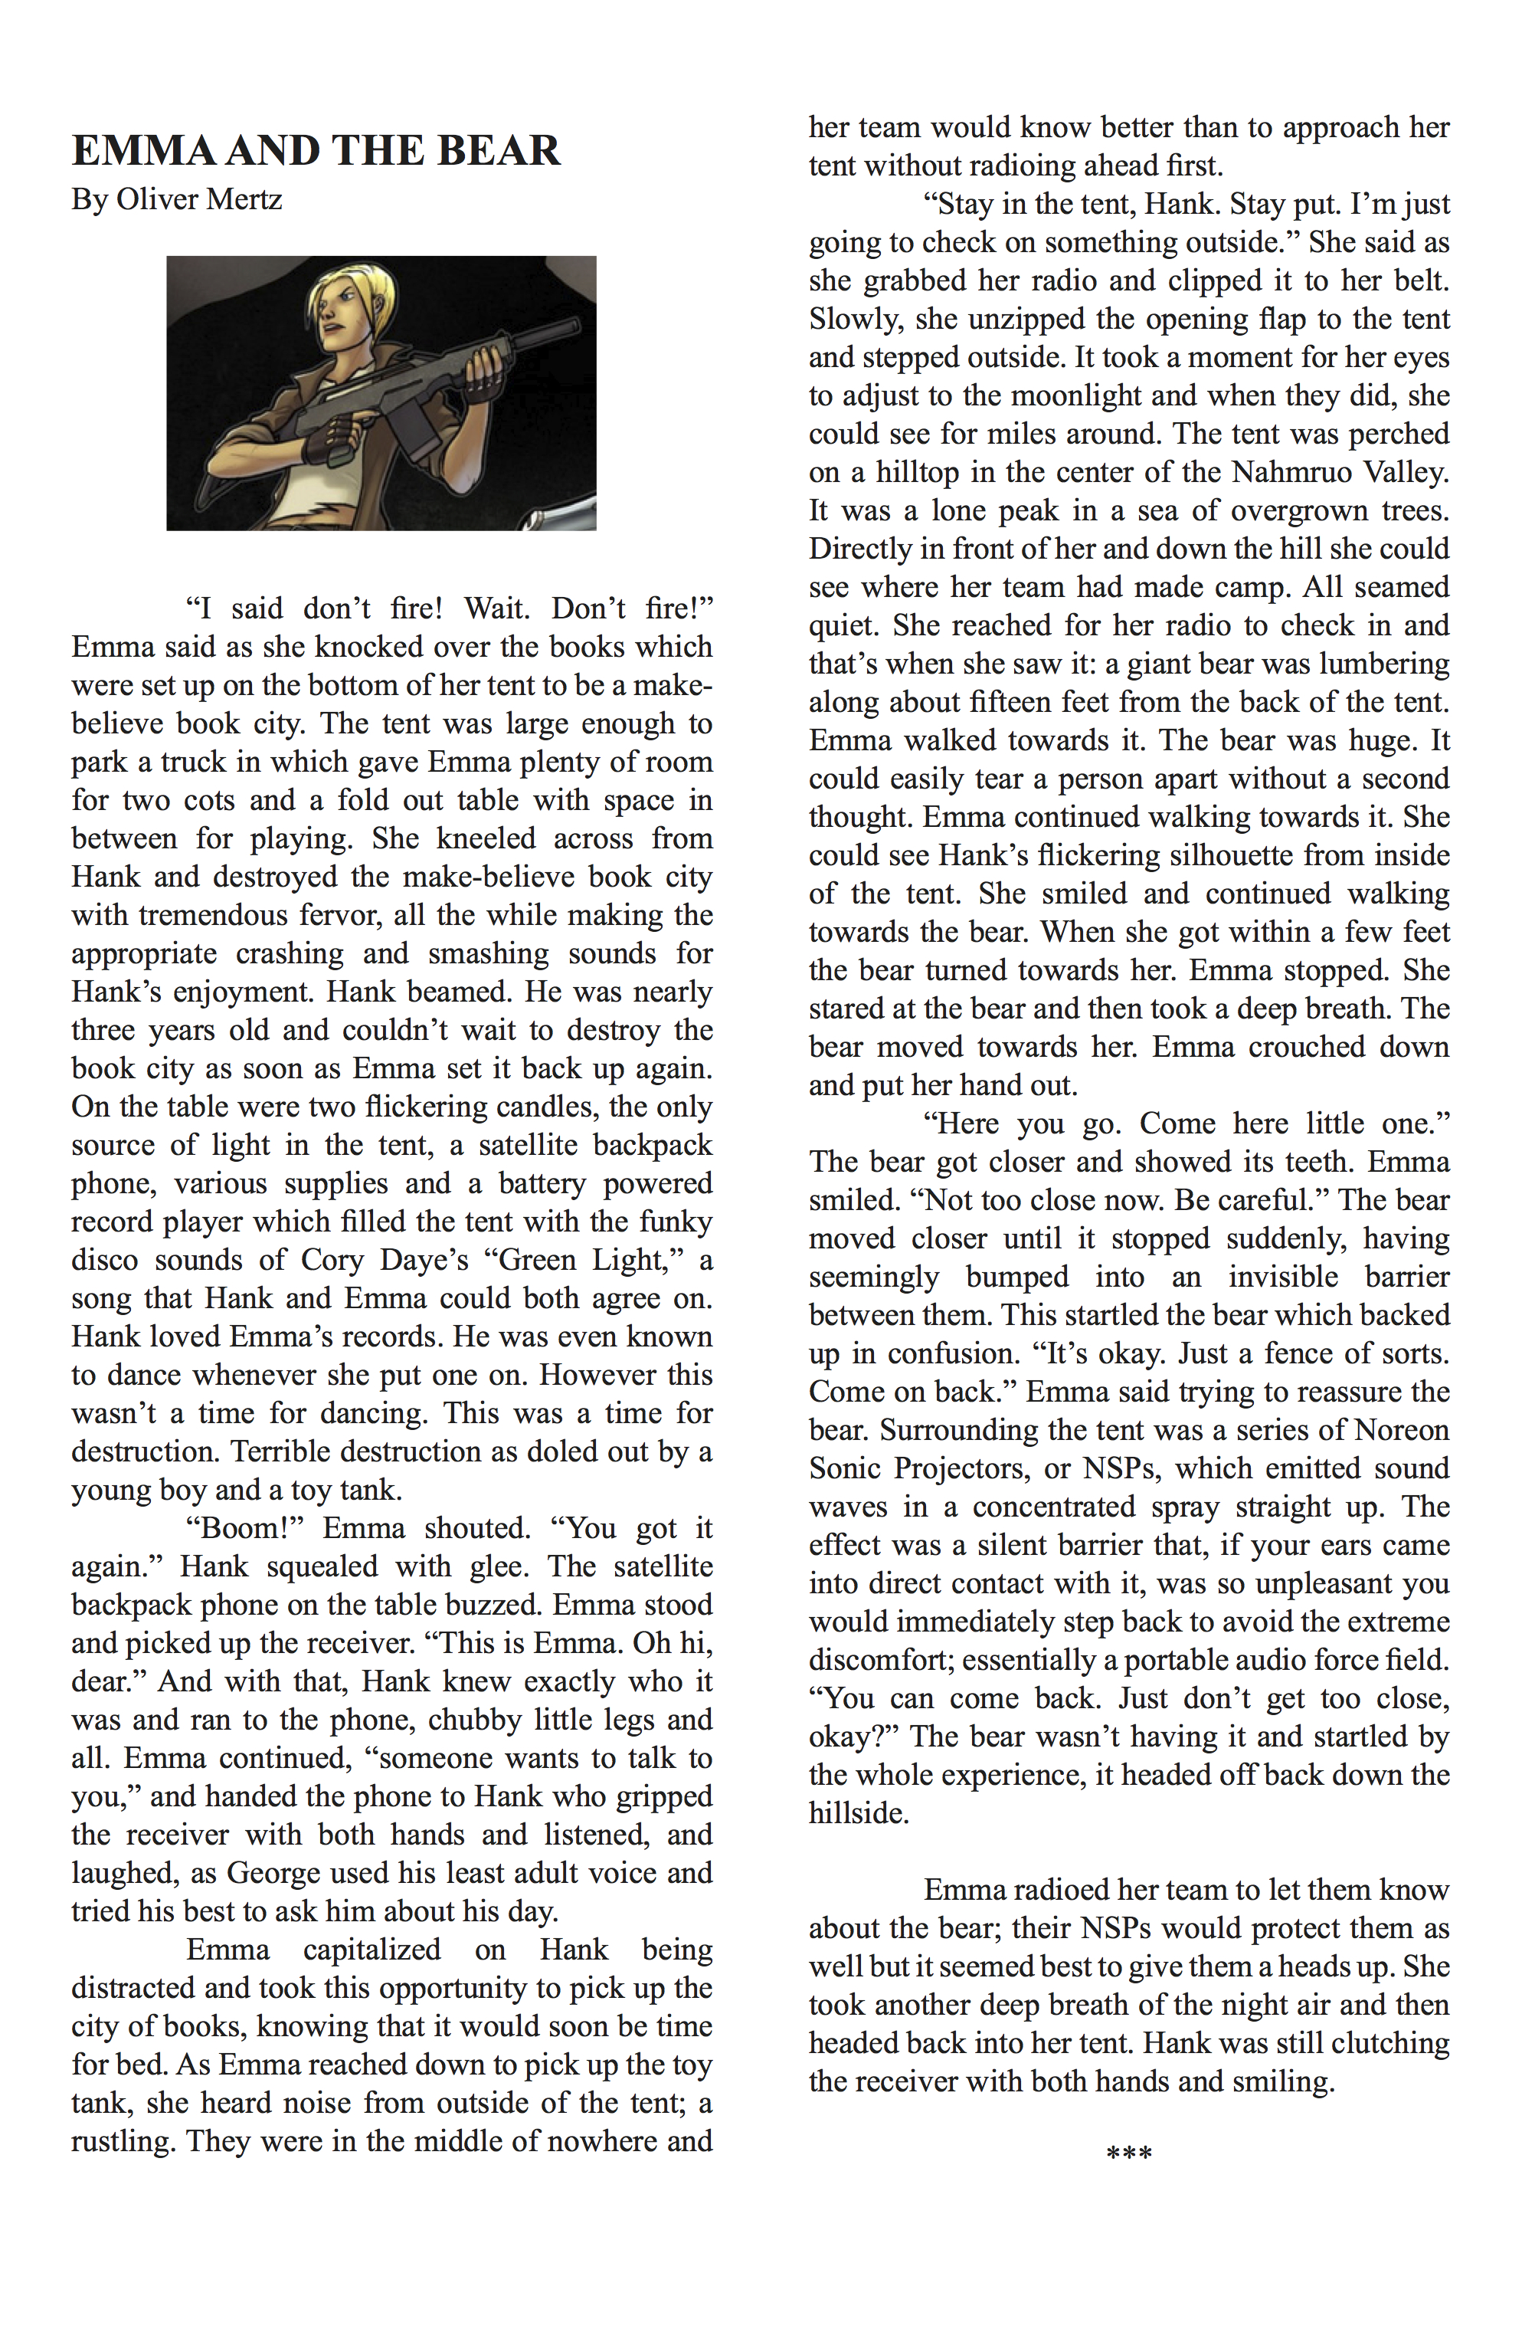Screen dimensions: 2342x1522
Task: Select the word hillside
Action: pyautogui.click(x=858, y=1812)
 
